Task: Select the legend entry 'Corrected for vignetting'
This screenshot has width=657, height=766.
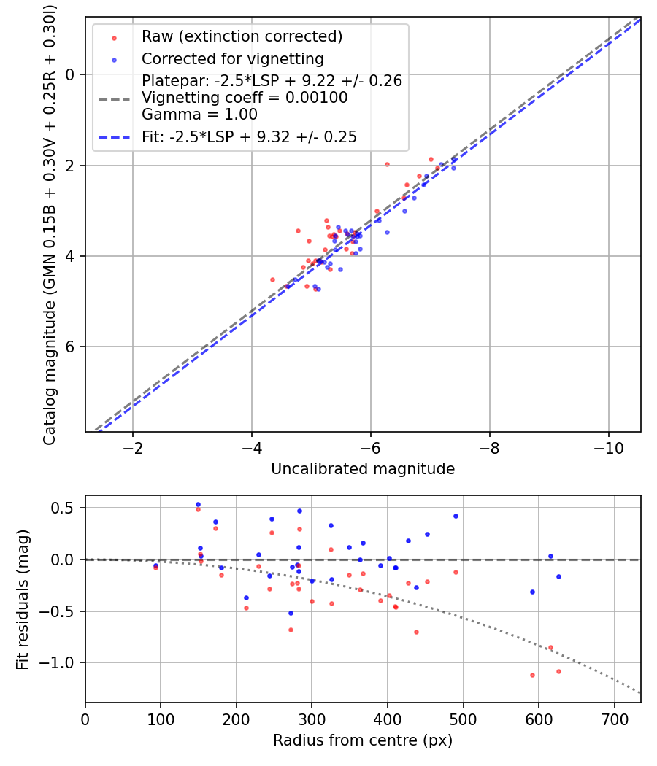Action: point(232,58)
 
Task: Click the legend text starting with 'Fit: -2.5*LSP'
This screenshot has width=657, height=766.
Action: point(249,137)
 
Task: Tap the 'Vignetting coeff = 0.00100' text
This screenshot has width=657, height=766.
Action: point(245,98)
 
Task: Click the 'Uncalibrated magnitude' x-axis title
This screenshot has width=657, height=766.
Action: point(363,469)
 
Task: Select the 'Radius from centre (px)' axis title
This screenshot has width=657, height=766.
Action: point(363,740)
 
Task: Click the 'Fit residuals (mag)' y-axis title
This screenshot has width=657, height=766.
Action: point(23,600)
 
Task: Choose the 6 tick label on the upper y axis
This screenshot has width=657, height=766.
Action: point(70,347)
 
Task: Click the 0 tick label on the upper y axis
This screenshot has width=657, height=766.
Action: point(70,74)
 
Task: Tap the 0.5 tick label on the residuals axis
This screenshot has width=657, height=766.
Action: point(64,508)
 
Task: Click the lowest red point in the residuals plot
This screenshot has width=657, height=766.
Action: point(532,675)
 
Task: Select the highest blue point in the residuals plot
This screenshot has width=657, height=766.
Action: point(198,504)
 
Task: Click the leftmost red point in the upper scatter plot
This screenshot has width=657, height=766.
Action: point(273,279)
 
